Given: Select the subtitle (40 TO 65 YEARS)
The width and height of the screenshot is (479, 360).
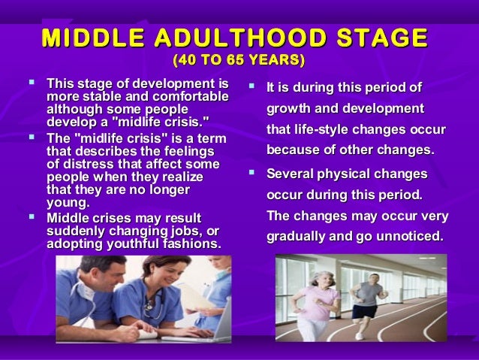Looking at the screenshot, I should coord(239,59).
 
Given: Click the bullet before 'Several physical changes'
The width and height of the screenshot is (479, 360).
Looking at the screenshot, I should coord(253,174).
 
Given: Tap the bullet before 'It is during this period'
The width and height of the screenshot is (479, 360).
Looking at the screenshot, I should coord(253,87).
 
